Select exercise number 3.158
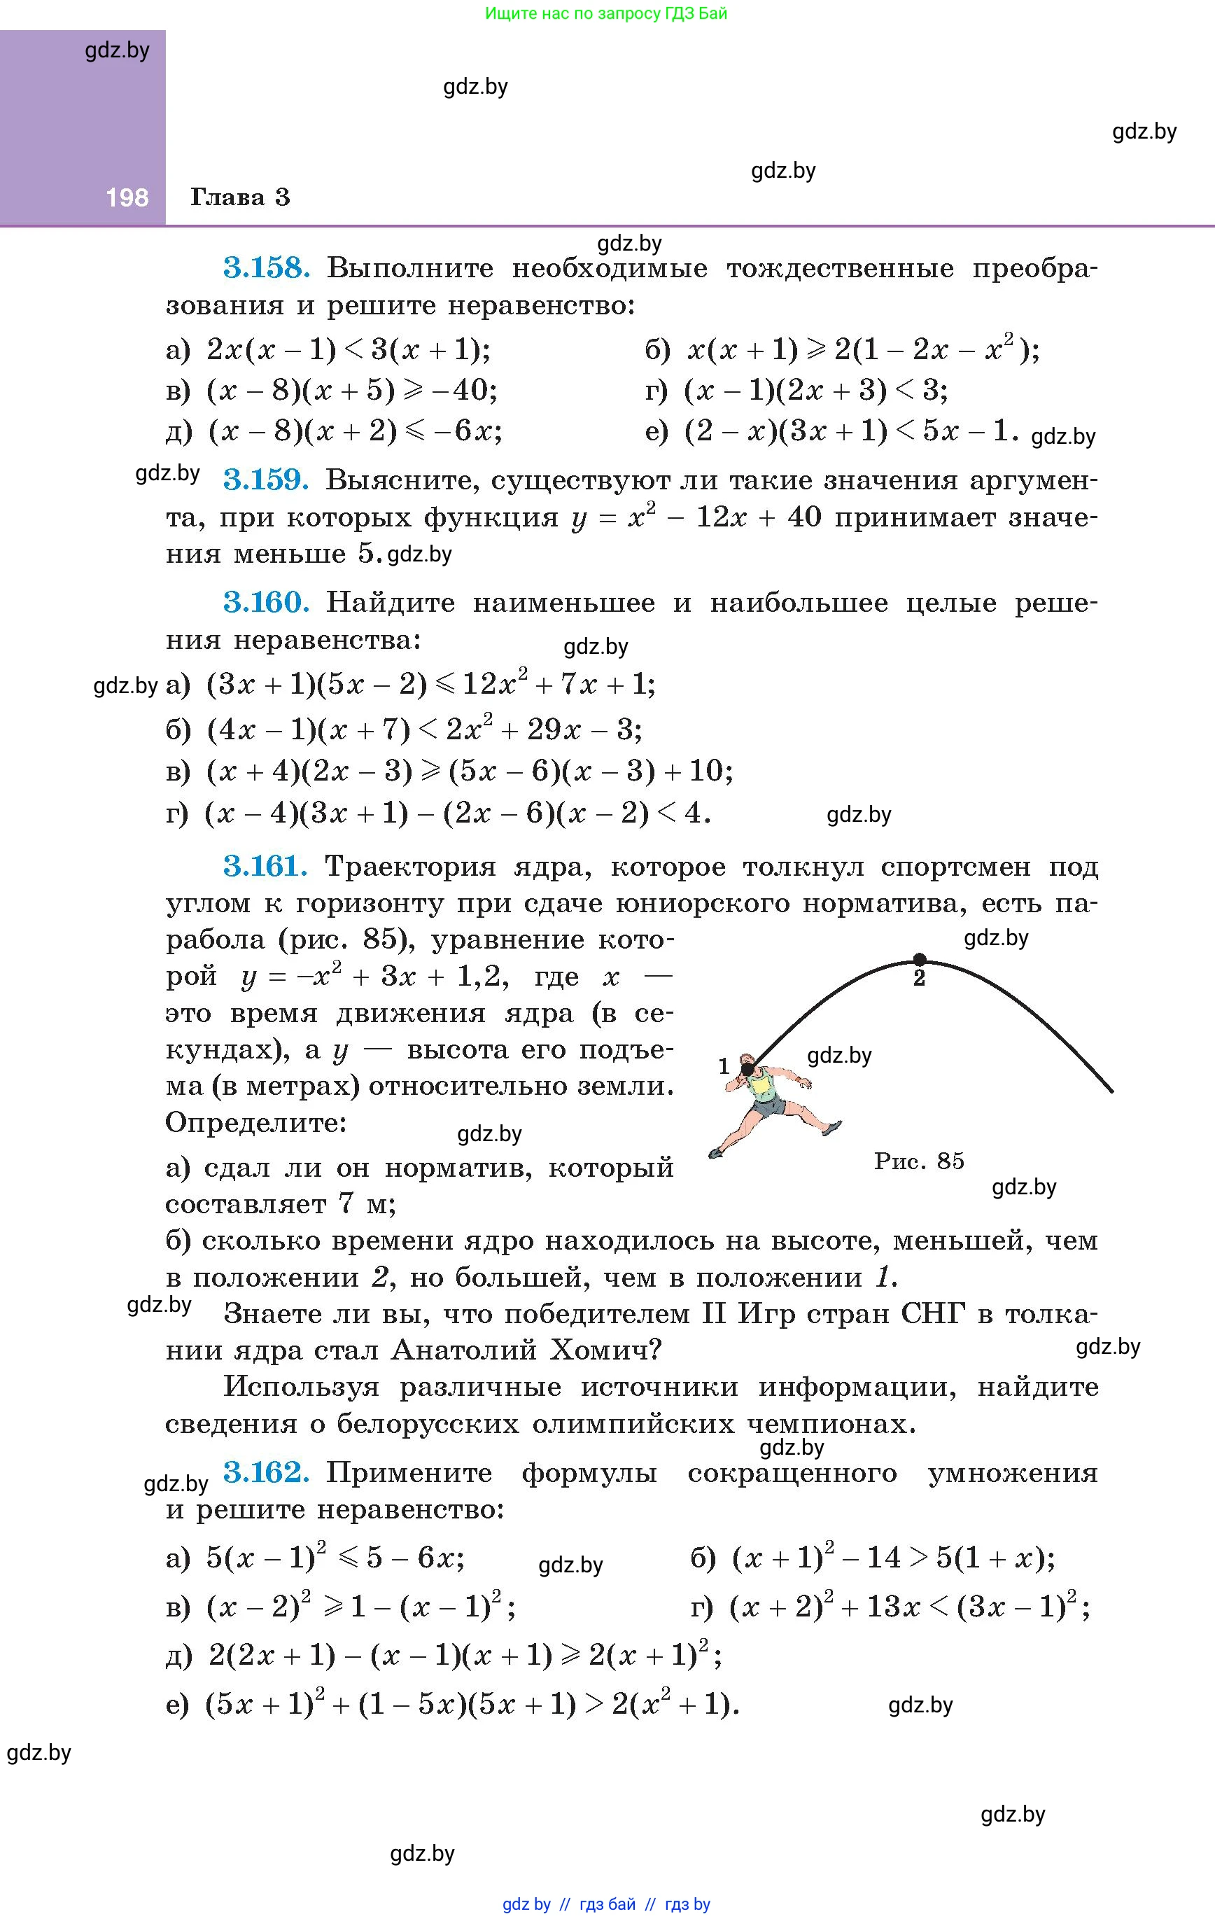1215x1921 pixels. [x=266, y=267]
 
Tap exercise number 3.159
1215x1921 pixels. [x=266, y=480]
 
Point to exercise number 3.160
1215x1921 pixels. [x=266, y=602]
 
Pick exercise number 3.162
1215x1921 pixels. [x=266, y=1472]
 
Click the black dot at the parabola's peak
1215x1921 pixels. [x=919, y=959]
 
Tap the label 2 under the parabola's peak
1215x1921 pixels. [x=919, y=979]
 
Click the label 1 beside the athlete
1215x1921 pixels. [x=724, y=1066]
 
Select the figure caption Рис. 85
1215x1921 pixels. [x=919, y=1161]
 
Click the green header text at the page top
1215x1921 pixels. [x=606, y=13]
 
